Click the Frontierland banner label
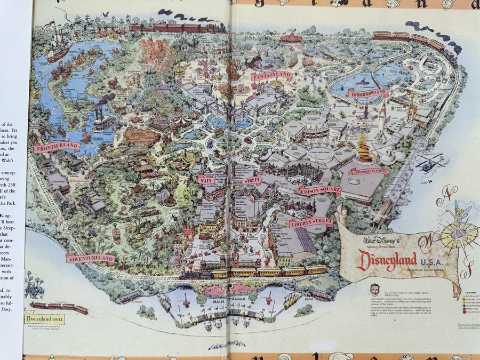pos(57,147)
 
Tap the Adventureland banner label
pos(90,259)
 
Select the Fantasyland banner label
pos(272,76)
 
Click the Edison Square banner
pos(319,190)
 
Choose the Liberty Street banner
pos(311,222)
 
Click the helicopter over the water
pos(429,163)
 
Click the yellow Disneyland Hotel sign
pos(45,319)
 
